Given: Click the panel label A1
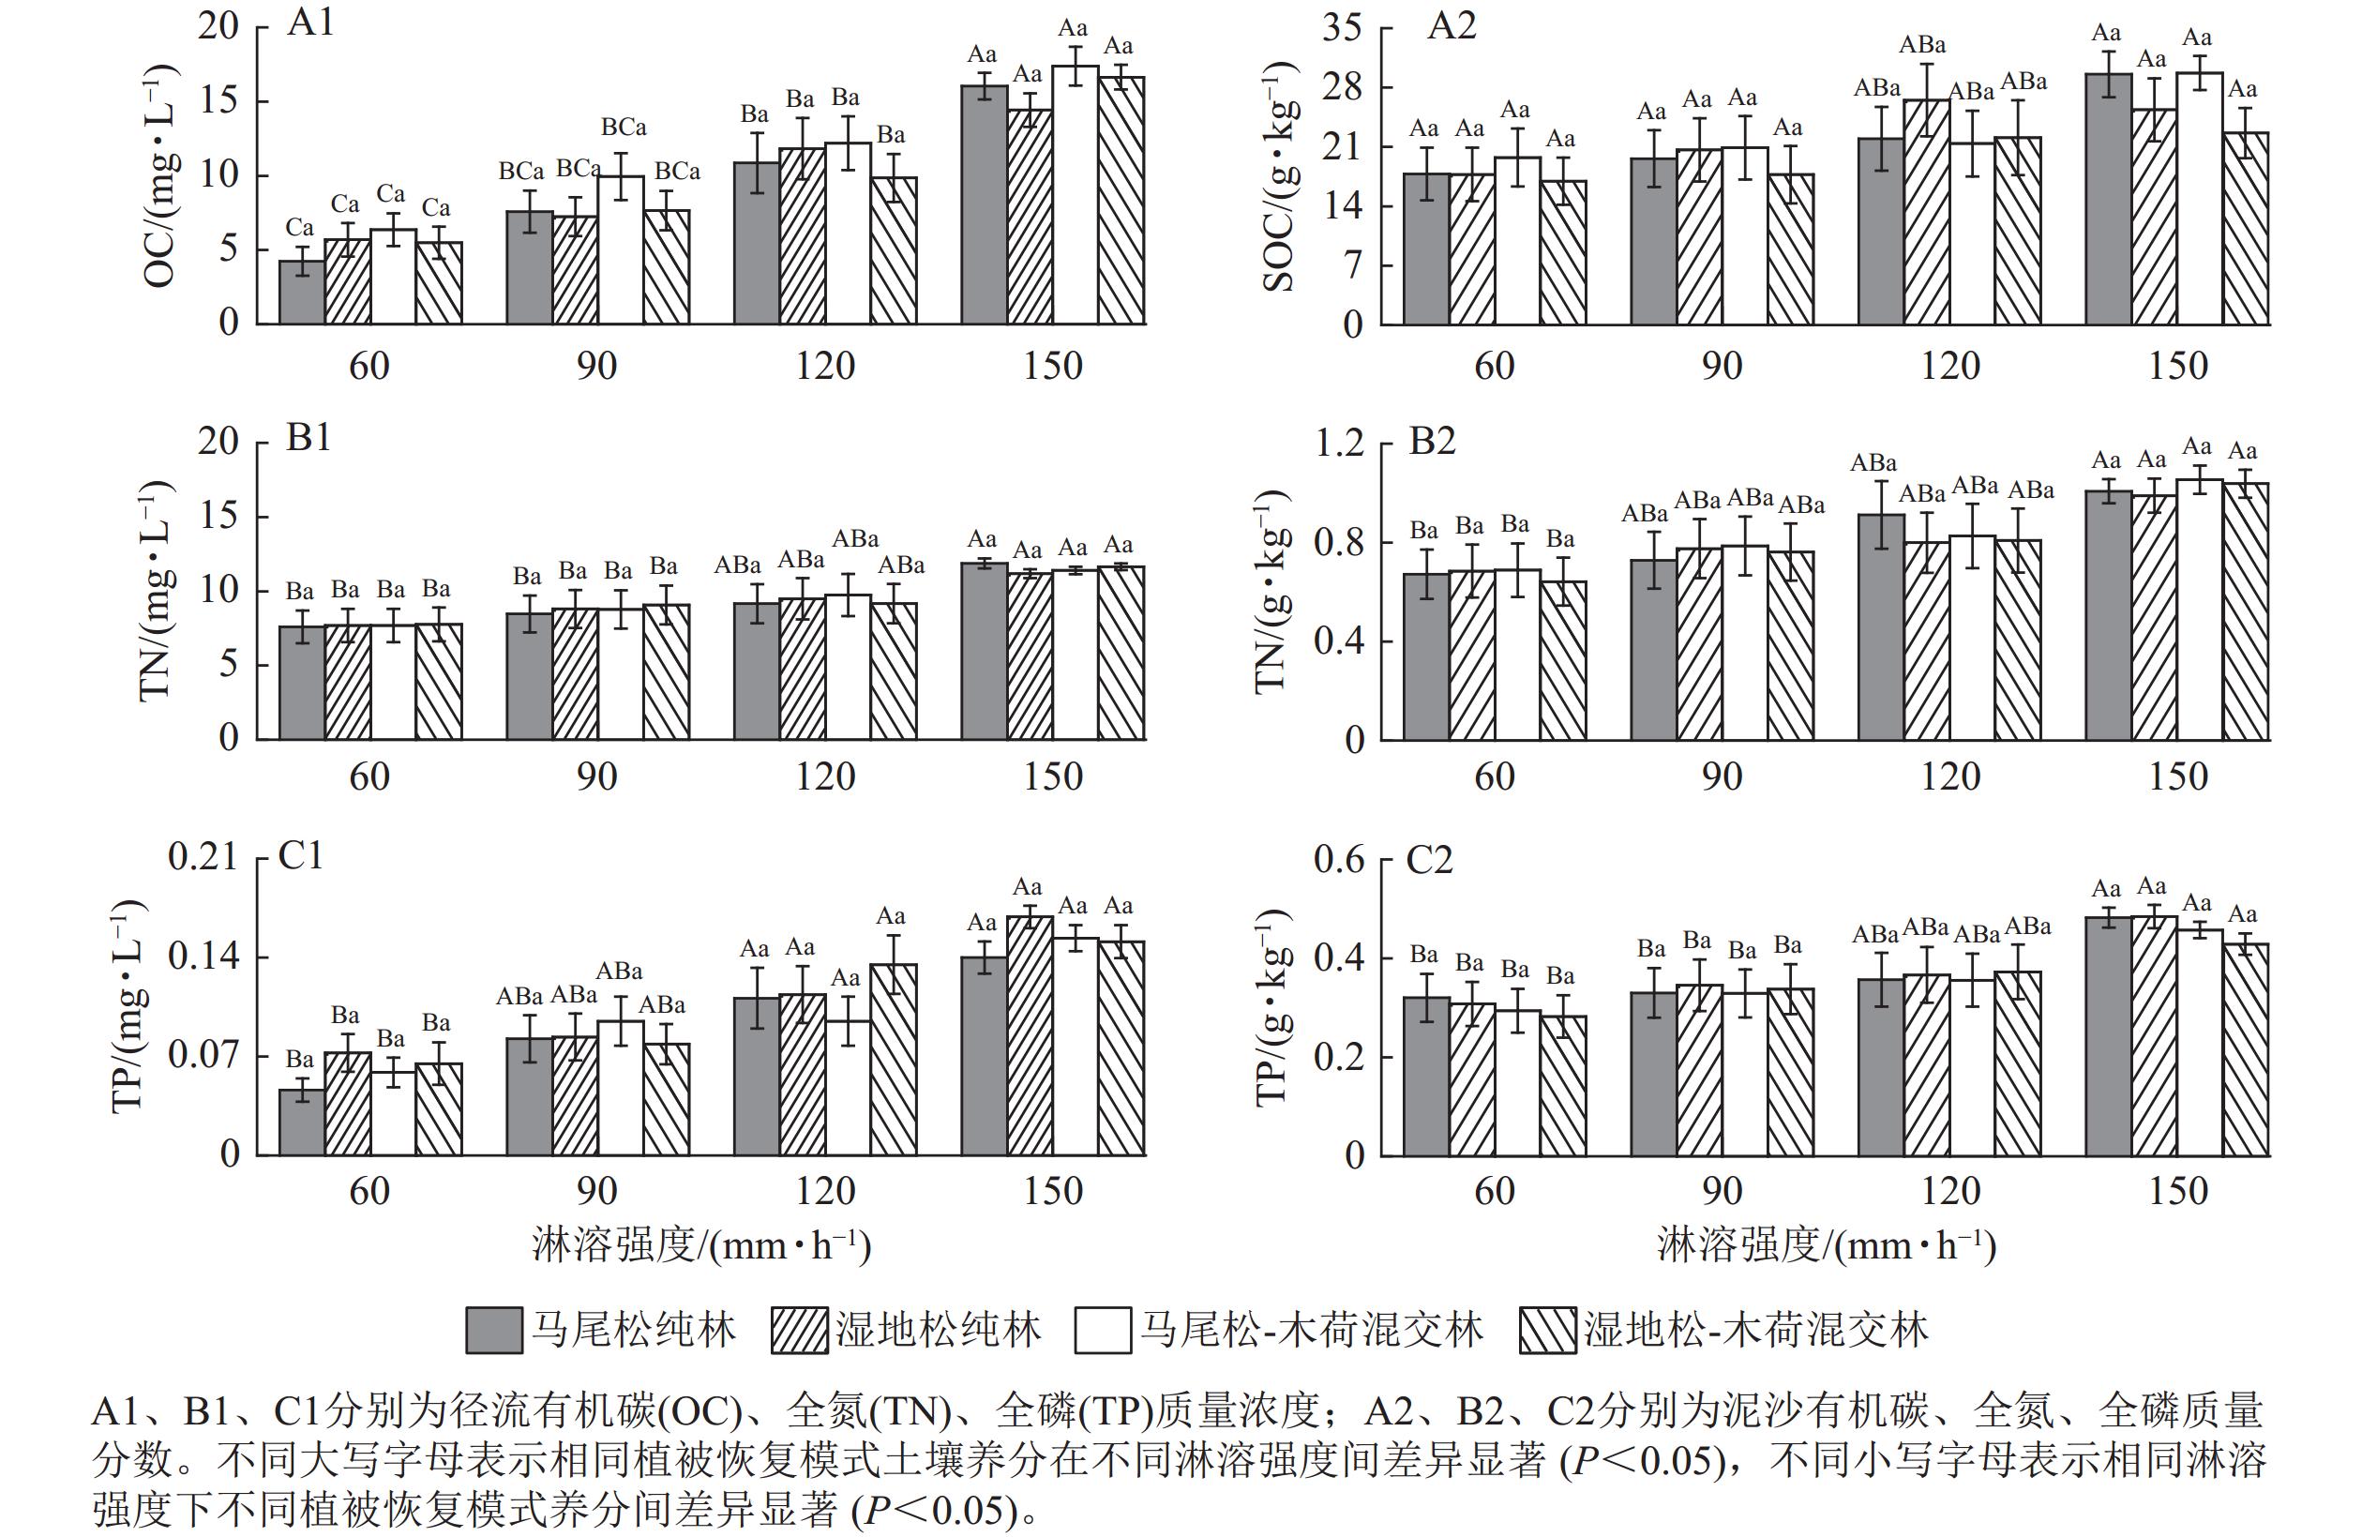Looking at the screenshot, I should coord(310,22).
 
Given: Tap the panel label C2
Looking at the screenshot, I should coord(1429,859).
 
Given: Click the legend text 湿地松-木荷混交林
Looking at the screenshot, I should coord(1754,1330).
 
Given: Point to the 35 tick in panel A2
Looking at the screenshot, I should coord(1342,29).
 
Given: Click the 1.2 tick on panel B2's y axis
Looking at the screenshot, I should coord(1340,444).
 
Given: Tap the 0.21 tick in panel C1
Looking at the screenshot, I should coord(203,856).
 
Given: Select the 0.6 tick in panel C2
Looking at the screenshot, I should coord(1340,859).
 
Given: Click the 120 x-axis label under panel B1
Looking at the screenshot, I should coord(825,776).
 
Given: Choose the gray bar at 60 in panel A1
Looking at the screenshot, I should coord(302,292).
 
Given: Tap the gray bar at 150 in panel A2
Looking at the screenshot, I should coord(2108,199).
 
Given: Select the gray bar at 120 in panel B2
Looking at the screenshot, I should coord(1881,627).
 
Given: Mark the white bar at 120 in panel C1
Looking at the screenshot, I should coord(848,1088).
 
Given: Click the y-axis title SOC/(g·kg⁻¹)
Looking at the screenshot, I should coord(1278,176).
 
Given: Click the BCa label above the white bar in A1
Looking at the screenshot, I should coord(624,127).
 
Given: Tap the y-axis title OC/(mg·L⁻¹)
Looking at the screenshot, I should coord(158,176).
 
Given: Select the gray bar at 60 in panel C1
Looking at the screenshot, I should coord(302,1123).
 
